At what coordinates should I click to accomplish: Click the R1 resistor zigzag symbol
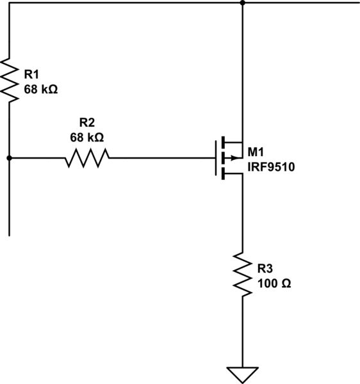[x=10, y=79]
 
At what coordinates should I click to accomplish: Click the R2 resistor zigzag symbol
[x=86, y=157]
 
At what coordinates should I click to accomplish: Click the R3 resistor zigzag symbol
[x=243, y=273]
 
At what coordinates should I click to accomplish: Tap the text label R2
[x=87, y=123]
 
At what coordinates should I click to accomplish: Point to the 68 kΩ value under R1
[x=41, y=90]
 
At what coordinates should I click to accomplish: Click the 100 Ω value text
[x=274, y=283]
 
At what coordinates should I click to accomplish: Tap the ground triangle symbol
[x=243, y=374]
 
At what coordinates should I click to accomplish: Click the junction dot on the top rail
[x=243, y=3]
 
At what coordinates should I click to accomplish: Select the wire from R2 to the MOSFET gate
[x=160, y=157]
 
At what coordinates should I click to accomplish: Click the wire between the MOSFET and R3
[x=243, y=211]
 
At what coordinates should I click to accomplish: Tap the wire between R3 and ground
[x=243, y=333]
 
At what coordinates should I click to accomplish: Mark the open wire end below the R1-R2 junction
[x=10, y=234]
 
